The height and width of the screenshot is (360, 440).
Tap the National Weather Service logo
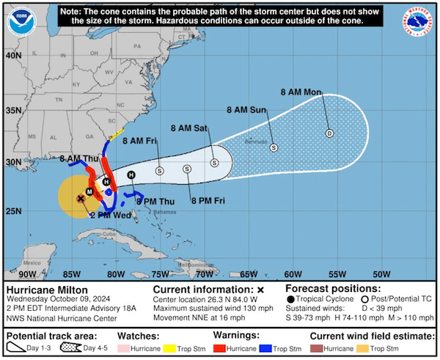[418, 21]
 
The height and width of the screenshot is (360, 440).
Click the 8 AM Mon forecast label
[301, 92]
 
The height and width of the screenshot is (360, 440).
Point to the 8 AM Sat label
[189, 128]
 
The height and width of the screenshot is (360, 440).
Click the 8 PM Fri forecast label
[208, 200]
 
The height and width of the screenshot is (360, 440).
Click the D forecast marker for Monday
[329, 133]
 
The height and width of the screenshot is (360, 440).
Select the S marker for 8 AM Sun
[274, 147]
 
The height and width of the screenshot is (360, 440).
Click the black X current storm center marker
[81, 198]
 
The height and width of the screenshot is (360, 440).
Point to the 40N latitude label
[12, 55]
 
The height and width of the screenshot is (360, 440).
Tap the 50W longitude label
[381, 273]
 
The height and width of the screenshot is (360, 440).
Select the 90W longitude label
[28, 273]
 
